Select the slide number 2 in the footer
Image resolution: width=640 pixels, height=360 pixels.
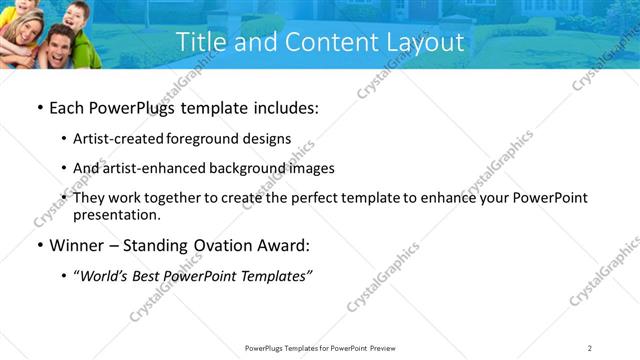(590, 347)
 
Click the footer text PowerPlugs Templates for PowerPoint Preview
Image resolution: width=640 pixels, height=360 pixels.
(319, 347)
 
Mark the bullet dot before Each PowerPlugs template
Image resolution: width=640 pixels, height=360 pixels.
(39, 107)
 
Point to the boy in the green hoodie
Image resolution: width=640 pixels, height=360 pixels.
(75, 25)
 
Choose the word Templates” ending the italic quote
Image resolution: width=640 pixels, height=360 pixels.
(277, 277)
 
